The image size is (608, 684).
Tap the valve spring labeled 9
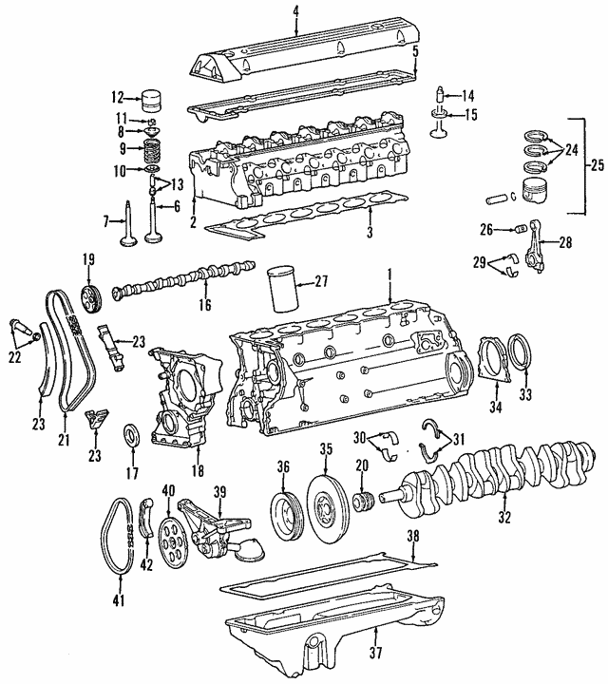[x=152, y=150]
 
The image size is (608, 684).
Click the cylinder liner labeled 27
[x=283, y=290]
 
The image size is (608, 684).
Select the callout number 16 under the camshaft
[x=204, y=304]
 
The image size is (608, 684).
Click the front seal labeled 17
[x=132, y=434]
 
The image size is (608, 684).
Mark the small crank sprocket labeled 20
[x=364, y=503]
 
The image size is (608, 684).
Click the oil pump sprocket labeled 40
[x=171, y=541]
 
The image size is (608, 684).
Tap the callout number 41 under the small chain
[x=118, y=600]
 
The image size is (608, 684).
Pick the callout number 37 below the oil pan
[x=375, y=653]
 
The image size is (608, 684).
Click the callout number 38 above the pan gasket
[x=413, y=536]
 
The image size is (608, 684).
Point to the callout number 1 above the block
[x=389, y=275]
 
